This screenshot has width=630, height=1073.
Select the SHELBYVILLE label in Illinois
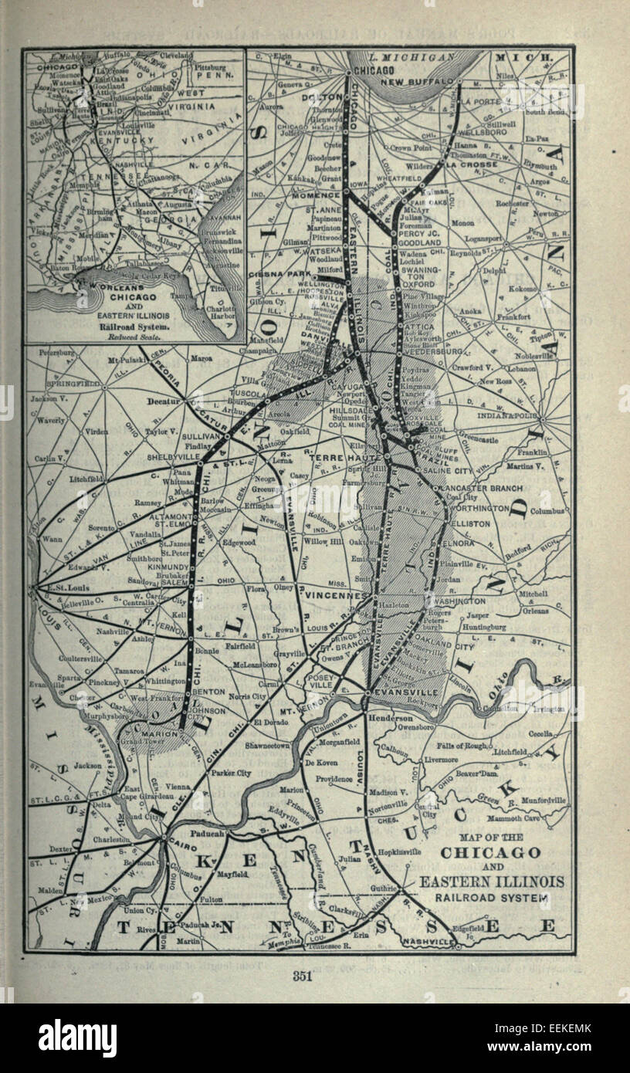[x=171, y=456]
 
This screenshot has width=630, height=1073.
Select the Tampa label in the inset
[x=181, y=294]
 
